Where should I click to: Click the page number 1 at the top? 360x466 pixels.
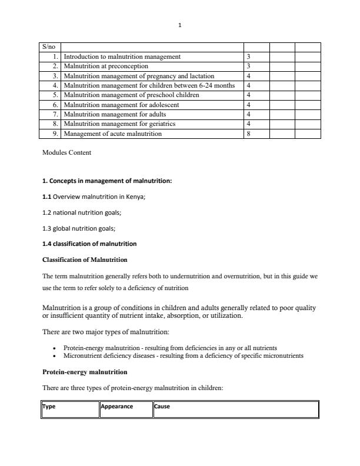pyautogui.click(x=180, y=25)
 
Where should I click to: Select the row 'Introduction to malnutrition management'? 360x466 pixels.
pyautogui.click(x=122, y=57)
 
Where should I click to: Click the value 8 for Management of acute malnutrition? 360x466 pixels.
pyautogui.click(x=249, y=134)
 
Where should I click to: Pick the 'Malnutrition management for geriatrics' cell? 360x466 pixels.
pyautogui.click(x=119, y=124)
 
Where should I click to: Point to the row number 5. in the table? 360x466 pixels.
pyautogui.click(x=55, y=95)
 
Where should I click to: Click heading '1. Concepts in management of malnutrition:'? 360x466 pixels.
pyautogui.click(x=107, y=181)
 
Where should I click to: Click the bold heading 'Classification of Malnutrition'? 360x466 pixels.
pyautogui.click(x=85, y=259)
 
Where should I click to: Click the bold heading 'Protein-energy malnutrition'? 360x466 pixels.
pyautogui.click(x=85, y=372)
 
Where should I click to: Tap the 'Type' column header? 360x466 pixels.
pyautogui.click(x=48, y=407)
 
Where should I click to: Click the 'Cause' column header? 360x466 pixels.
pyautogui.click(x=162, y=407)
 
